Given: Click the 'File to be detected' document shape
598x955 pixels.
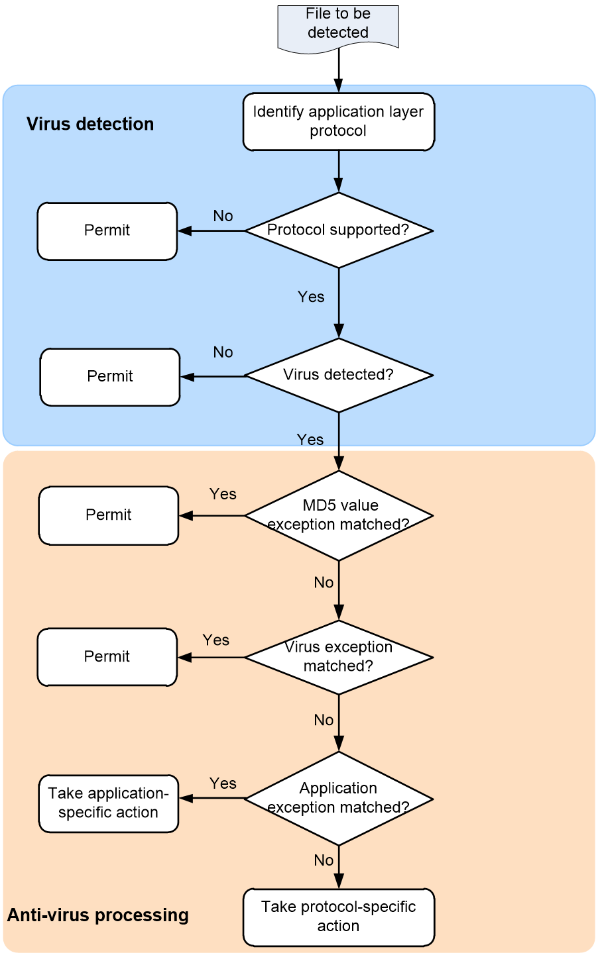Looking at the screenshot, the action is point(338,28).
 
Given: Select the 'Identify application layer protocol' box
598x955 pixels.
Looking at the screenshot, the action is point(339,122).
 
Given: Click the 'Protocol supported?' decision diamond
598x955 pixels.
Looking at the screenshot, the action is point(339,230).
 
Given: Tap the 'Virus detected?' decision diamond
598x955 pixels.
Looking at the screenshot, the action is point(339,375).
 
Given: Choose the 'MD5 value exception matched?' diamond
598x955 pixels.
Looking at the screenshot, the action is point(339,515).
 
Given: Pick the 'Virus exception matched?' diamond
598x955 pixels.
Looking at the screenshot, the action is point(339,657).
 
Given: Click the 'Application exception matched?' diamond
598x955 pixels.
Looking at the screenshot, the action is point(339,798).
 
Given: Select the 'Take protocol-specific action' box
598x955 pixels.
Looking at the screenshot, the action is point(339,917).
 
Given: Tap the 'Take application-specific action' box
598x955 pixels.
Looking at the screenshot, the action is point(109,803).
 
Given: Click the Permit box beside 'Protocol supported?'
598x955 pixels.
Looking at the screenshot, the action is point(107,231).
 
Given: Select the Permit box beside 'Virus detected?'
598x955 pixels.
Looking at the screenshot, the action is point(110,377).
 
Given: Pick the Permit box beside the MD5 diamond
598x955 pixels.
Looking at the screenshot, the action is point(109,515).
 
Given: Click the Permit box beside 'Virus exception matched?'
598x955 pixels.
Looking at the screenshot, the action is point(107,657).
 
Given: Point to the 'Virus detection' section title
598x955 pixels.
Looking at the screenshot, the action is point(90,124).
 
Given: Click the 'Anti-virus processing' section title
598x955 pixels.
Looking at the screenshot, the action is point(97,915).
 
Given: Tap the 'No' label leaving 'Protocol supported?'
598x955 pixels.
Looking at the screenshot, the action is point(223,216).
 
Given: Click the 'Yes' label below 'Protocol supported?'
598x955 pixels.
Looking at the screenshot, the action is point(311,297).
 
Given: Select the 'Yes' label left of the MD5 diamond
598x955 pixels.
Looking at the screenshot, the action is point(223,493).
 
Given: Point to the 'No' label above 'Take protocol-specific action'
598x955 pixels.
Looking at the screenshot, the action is point(324,860).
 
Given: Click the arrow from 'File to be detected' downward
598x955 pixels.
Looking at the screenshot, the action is point(339,70).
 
